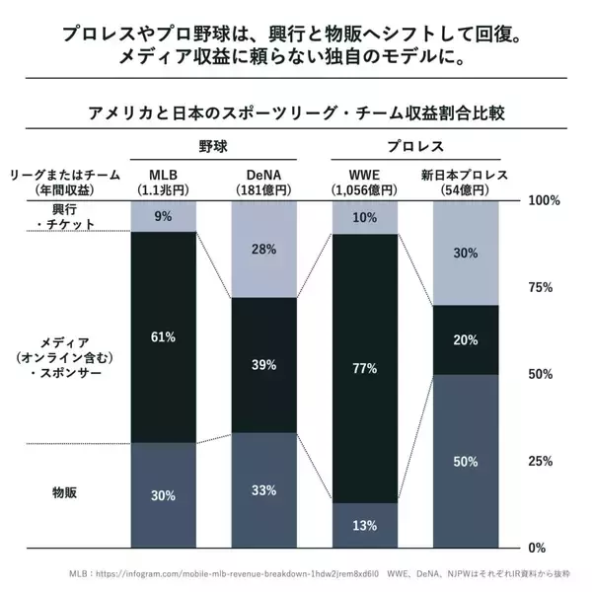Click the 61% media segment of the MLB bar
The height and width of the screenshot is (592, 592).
pos(164,336)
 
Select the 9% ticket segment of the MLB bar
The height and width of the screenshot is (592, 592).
pos(164,216)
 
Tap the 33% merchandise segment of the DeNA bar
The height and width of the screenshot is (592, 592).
pos(264,489)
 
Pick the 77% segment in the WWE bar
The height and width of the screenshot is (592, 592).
pos(365,368)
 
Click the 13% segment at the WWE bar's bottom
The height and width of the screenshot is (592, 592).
pos(365,525)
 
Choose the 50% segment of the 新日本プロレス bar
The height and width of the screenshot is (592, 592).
pos(466,461)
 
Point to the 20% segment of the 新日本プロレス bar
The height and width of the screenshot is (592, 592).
pos(466,339)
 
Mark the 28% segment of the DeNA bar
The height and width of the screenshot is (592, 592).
pos(264,249)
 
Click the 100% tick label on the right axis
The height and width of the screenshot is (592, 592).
pos(545,200)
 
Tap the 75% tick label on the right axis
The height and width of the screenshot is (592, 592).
pos(545,287)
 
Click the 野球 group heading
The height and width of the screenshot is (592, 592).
pos(213,145)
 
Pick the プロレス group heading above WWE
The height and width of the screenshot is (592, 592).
pos(413,145)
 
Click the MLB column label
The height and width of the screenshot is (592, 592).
pos(164,174)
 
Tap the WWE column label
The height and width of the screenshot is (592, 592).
pos(363,174)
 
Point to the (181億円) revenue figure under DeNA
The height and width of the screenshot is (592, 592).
pos(264,189)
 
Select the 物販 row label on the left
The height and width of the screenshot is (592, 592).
pos(68,489)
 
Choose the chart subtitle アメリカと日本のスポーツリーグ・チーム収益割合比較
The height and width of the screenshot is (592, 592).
pos(295,111)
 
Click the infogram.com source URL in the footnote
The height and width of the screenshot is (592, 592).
pos(242,572)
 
